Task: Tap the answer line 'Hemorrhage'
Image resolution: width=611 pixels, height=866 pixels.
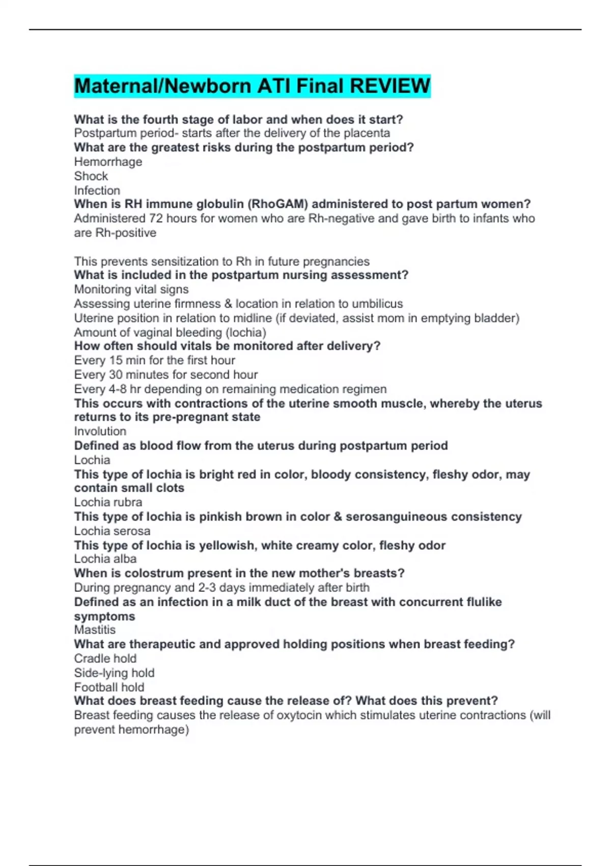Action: coord(108,162)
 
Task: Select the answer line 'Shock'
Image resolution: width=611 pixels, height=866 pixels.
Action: coord(91,176)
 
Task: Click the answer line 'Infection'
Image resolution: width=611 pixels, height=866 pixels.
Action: coord(97,191)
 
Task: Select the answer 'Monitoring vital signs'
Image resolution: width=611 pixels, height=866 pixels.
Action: coord(131,289)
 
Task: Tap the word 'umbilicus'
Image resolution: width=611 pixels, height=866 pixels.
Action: coord(376,304)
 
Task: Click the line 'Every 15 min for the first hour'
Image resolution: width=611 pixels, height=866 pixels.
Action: coord(154,360)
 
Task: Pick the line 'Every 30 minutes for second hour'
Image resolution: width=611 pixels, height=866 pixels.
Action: coord(166,374)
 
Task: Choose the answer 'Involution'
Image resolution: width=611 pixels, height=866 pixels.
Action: coord(100,431)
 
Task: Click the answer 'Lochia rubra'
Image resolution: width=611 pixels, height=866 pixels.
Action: coord(108,502)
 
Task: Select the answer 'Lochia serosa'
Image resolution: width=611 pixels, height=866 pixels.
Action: coord(112,531)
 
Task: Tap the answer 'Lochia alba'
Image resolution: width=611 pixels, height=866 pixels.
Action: coord(105,559)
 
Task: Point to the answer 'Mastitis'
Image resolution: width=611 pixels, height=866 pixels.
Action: coord(95,630)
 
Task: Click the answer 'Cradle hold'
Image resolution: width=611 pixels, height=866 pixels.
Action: coord(105,658)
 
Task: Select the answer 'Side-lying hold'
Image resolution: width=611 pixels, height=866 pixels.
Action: coord(114,673)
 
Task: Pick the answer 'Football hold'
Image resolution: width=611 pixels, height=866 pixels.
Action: coord(109,687)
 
